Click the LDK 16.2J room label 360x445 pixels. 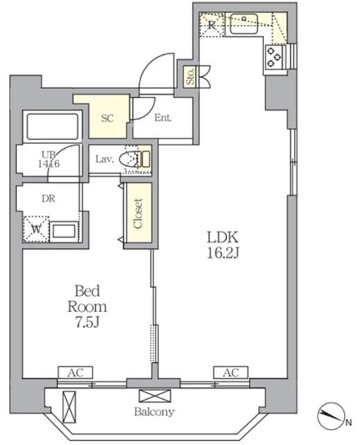pyautogui.click(x=222, y=245)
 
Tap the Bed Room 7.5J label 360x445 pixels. pyautogui.click(x=88, y=307)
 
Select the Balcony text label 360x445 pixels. pyautogui.click(x=154, y=412)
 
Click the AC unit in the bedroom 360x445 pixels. pyautogui.click(x=76, y=373)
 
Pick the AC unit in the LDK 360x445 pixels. pyautogui.click(x=231, y=373)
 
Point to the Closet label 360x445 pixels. pyautogui.click(x=138, y=213)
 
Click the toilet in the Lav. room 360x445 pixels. pyautogui.click(x=135, y=159)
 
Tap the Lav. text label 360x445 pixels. pyautogui.click(x=105, y=159)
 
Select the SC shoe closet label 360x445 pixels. pyautogui.click(x=108, y=118)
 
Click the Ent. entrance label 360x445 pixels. pyautogui.click(x=163, y=118)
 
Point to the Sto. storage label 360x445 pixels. pyautogui.click(x=190, y=76)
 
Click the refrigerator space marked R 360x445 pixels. pyautogui.click(x=212, y=25)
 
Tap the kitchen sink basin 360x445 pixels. pyautogui.click(x=244, y=24)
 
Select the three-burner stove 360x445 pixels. pyautogui.click(x=274, y=58)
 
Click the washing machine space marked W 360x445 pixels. pyautogui.click(x=36, y=229)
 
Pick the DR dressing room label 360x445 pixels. pyautogui.click(x=49, y=199)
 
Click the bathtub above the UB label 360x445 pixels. pyautogui.click(x=53, y=127)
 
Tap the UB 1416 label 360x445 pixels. pyautogui.click(x=49, y=159)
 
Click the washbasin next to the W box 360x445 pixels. pyautogui.click(x=64, y=231)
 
